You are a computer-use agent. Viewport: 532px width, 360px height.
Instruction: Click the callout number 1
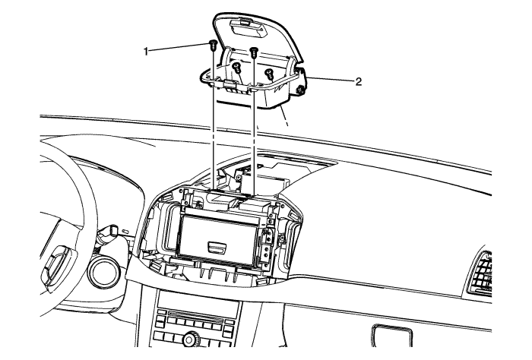pos(146,52)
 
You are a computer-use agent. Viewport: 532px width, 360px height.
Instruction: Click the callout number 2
pos(358,82)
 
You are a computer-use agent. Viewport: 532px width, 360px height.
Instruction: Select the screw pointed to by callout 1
pos(212,45)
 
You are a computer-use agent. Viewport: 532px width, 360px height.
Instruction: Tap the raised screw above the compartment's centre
pos(254,52)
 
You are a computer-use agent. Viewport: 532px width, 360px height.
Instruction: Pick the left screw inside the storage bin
pos(237,68)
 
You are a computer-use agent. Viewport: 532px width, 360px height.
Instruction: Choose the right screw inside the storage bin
pos(269,73)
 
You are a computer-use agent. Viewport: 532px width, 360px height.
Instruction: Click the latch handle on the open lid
pos(247,27)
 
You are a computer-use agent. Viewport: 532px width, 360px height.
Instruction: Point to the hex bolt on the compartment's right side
pos(301,90)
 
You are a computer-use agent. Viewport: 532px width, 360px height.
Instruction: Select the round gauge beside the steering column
pos(103,270)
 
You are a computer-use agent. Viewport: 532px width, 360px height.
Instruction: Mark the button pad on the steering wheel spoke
pos(57,263)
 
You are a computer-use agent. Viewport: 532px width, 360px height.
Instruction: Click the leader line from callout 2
pos(330,80)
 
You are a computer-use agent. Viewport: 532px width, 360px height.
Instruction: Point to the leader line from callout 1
pos(179,48)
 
